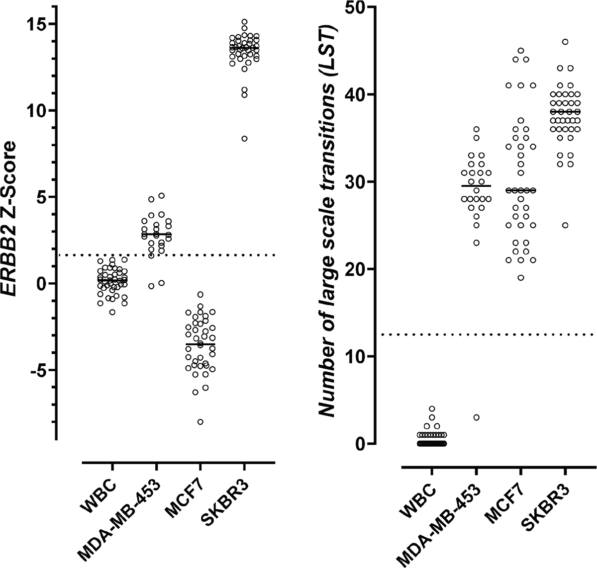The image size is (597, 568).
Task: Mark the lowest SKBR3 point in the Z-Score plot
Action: pyautogui.click(x=244, y=139)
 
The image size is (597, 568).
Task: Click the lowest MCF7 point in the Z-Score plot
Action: pyautogui.click(x=200, y=422)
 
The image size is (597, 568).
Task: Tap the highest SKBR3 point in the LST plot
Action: pyautogui.click(x=565, y=42)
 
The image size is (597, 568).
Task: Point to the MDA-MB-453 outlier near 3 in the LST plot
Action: pyautogui.click(x=476, y=417)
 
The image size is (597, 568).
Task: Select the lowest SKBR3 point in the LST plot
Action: pyautogui.click(x=565, y=225)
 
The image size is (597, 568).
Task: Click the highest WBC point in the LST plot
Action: pyautogui.click(x=432, y=409)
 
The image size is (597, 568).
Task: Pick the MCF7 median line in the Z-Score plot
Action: pyautogui.click(x=200, y=344)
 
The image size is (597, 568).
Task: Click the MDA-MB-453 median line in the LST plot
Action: pyautogui.click(x=476, y=186)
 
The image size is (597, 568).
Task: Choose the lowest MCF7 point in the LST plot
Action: pyautogui.click(x=520, y=278)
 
